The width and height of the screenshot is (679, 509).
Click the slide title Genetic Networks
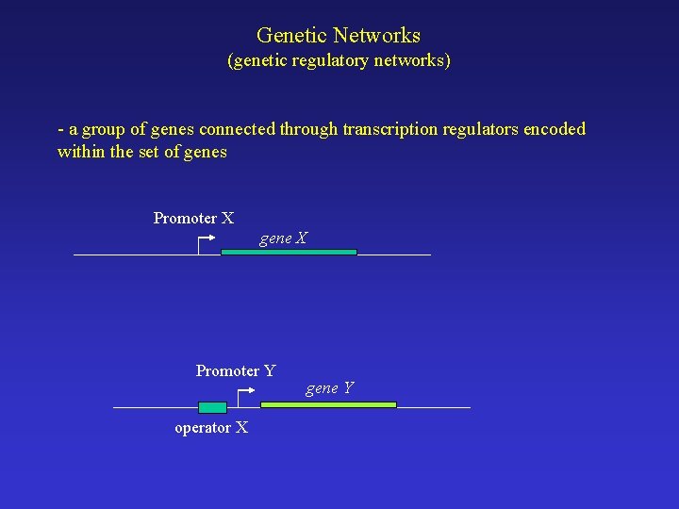[339, 36]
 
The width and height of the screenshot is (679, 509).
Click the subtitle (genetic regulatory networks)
[339, 61]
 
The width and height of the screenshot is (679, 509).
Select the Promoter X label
[193, 219]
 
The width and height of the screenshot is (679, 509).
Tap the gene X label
[283, 238]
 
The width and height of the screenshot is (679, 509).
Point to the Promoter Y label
[236, 371]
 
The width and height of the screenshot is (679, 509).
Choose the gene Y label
[329, 387]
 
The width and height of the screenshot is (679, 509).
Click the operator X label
[211, 428]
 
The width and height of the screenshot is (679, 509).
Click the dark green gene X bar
[289, 253]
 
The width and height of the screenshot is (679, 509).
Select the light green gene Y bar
[328, 404]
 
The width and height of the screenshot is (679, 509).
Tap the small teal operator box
[213, 407]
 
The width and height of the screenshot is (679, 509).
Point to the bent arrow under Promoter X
[205, 244]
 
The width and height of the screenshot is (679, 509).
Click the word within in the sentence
[81, 152]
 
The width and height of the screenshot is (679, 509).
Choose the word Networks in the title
[376, 36]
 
